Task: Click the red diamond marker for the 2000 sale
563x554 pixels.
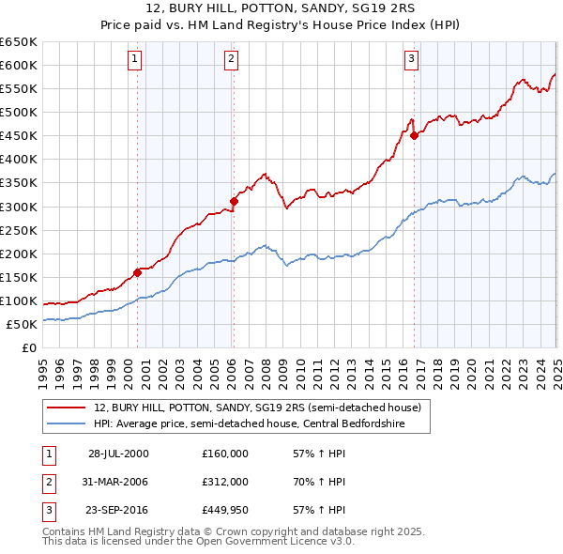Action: point(137,272)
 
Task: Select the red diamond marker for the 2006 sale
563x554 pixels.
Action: point(235,200)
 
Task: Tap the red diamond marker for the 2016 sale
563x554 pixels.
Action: point(415,135)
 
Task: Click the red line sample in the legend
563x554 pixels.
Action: point(67,408)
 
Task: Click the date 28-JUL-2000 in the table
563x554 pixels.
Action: point(117,454)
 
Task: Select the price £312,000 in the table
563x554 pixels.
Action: point(225,483)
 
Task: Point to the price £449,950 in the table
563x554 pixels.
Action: point(225,512)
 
